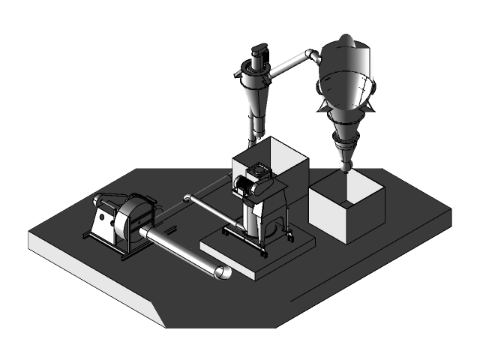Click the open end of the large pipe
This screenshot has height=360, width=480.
223,272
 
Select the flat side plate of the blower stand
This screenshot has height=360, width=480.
101,222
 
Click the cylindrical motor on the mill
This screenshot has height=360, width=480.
244,185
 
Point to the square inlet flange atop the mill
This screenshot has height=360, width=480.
259,170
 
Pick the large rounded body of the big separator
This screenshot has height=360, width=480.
346,79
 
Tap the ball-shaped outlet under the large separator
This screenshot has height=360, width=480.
345,163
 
